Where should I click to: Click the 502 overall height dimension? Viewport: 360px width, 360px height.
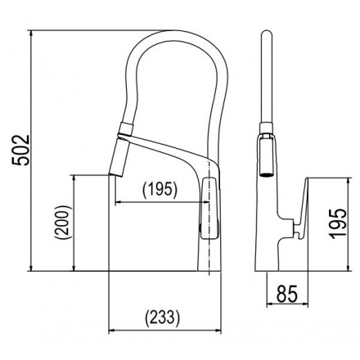pos(20,150)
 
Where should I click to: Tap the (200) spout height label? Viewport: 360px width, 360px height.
pos(63,223)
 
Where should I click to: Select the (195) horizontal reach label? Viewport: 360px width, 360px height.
pos(160,189)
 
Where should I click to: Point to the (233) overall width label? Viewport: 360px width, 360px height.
pos(163,318)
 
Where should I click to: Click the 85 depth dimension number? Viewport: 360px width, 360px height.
pos(287,294)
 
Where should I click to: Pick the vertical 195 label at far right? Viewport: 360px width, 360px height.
pos(339,223)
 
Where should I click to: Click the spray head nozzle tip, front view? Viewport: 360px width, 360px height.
pos(116,174)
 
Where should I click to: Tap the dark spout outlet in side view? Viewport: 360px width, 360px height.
pos(266,174)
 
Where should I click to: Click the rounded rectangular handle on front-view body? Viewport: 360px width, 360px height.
pos(210,209)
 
